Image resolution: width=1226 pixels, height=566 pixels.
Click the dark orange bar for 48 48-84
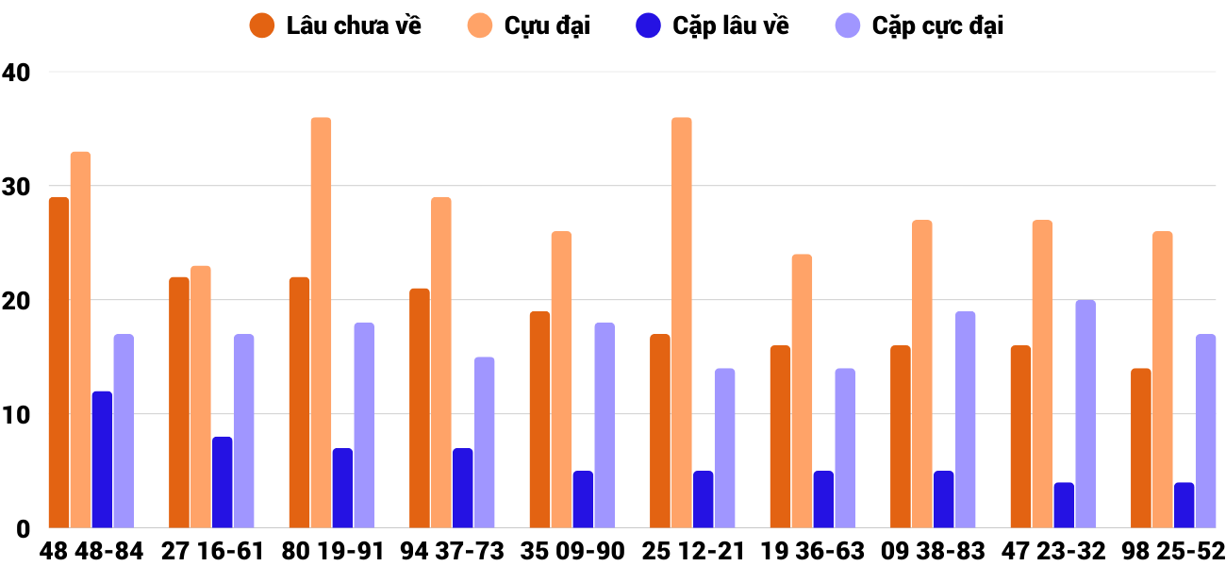click(x=59, y=363)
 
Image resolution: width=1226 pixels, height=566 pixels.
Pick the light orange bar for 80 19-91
click(x=321, y=323)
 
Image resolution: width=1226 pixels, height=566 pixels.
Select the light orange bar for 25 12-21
click(x=682, y=323)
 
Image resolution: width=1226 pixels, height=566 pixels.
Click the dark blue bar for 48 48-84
click(x=102, y=459)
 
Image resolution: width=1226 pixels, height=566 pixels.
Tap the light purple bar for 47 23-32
click(x=1085, y=414)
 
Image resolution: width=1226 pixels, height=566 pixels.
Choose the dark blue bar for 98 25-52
click(x=1184, y=506)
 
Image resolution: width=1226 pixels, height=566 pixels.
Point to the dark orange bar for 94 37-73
click(x=420, y=408)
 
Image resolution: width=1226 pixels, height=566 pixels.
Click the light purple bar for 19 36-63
click(x=845, y=448)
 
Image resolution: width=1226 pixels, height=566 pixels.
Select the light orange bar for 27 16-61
click(x=201, y=397)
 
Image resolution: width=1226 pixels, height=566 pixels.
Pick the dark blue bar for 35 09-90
click(x=583, y=500)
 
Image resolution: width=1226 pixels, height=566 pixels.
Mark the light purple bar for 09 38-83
click(x=965, y=420)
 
